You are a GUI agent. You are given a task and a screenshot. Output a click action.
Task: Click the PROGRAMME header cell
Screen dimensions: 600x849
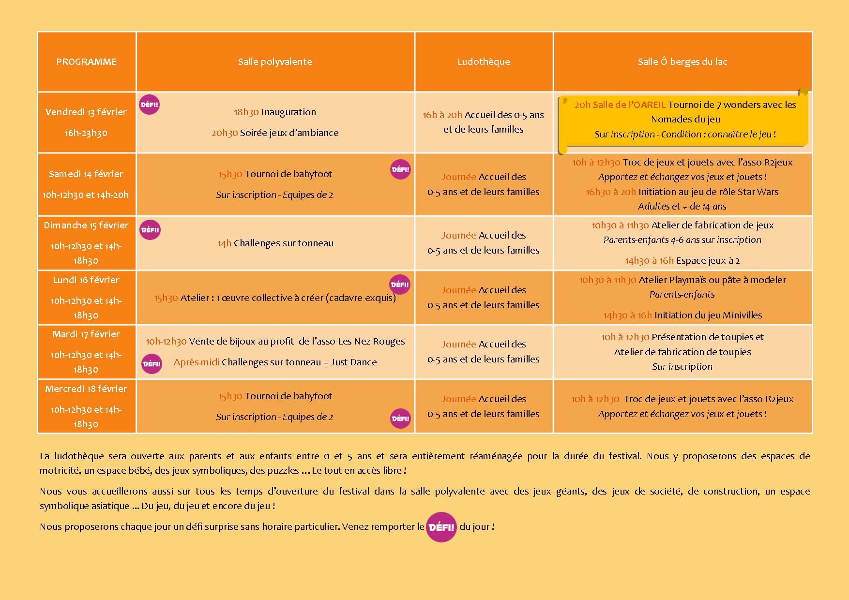[x=86, y=62]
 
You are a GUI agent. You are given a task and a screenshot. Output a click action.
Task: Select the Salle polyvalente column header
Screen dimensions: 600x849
[x=275, y=62]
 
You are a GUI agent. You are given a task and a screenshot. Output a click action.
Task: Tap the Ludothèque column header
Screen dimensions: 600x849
[x=484, y=62]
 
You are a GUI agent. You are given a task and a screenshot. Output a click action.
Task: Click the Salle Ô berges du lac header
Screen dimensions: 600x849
[x=682, y=62]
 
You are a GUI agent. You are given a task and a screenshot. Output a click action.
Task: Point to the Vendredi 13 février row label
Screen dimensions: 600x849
[x=86, y=112]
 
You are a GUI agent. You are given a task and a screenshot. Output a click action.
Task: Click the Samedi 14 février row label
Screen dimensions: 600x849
[x=86, y=174]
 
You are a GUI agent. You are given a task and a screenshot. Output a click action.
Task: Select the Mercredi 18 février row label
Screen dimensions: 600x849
[x=86, y=389]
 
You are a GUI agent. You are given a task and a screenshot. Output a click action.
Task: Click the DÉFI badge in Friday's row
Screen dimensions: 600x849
[x=149, y=105]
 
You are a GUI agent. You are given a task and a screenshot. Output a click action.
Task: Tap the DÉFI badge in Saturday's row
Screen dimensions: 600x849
[x=400, y=169]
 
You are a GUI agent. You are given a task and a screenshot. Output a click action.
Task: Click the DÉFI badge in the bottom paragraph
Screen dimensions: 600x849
[x=441, y=527]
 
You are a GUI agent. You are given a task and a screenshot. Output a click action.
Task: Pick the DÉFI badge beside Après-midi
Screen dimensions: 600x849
[x=152, y=364]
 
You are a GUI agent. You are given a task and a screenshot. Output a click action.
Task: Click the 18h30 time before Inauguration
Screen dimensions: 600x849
[x=246, y=112]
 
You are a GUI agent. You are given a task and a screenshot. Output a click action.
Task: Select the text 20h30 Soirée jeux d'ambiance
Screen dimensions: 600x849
[x=275, y=133]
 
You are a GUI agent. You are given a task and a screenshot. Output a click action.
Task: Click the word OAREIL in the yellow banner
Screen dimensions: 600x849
[x=649, y=105]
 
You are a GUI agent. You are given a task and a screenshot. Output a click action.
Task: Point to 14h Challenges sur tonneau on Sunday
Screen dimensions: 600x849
[x=275, y=243]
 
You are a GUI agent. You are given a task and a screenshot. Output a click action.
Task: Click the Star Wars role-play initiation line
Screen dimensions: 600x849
[x=682, y=192]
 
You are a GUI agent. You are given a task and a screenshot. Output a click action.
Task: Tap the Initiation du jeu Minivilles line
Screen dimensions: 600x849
[x=682, y=315]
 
